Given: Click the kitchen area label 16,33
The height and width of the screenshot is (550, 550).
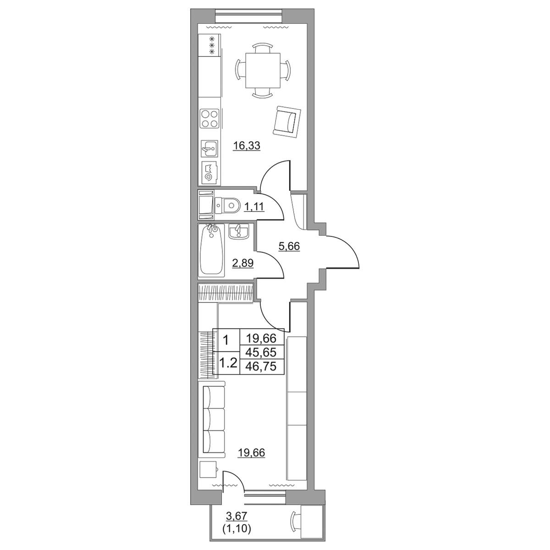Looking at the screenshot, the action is pos(247,146).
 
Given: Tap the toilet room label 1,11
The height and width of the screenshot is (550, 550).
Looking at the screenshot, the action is pos(254,206).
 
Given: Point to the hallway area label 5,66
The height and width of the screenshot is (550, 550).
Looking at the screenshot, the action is pos(289,246).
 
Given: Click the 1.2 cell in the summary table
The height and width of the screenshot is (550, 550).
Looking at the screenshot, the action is pos(227,363).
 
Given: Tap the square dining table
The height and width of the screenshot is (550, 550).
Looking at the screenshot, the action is pos(263,71).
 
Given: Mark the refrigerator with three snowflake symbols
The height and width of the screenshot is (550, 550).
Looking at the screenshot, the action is pos(209,45).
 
